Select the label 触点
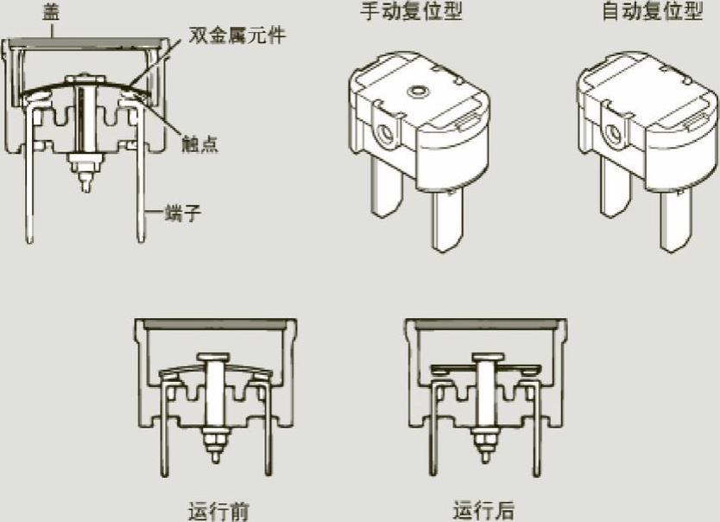click(x=200, y=143)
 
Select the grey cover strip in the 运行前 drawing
click(x=216, y=323)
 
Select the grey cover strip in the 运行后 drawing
click(x=486, y=323)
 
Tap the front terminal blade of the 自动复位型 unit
click(x=676, y=223)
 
